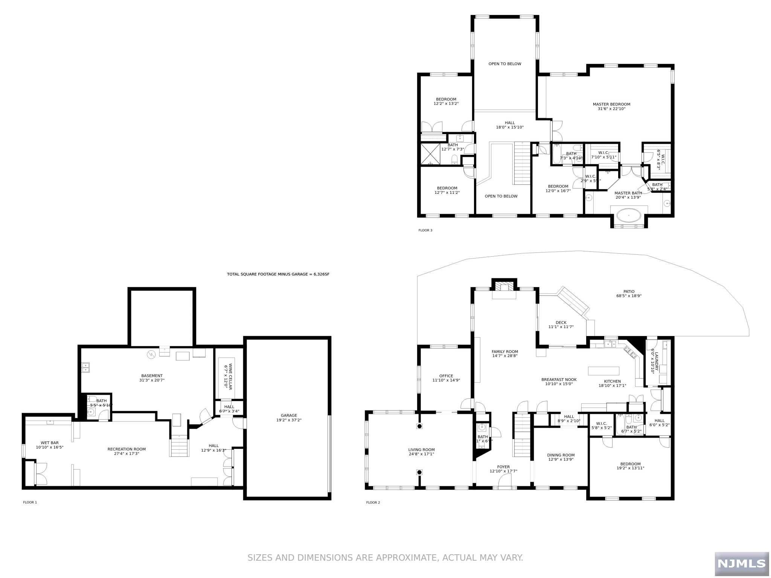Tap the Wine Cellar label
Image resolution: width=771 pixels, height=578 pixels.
coord(228,376)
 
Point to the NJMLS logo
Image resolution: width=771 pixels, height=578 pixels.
coord(741,563)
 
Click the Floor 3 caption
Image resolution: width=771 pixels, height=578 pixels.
coord(425,230)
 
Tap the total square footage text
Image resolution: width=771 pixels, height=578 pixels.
coord(278,274)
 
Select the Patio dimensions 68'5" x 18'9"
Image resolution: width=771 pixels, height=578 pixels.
coord(629,296)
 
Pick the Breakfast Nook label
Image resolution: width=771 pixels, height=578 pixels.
coord(559,380)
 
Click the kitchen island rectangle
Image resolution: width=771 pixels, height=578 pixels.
coord(603,371)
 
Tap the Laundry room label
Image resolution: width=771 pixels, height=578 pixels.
coord(655,361)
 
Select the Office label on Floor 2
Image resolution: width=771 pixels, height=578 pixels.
coord(446,376)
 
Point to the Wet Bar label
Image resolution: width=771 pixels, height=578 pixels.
coord(50,443)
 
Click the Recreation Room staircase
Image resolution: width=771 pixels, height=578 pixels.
coord(179,446)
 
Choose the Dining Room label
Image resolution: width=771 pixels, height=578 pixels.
coord(561,455)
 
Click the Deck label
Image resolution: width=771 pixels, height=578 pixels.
coord(561,322)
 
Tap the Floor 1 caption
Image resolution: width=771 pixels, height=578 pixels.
coord(30,502)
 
